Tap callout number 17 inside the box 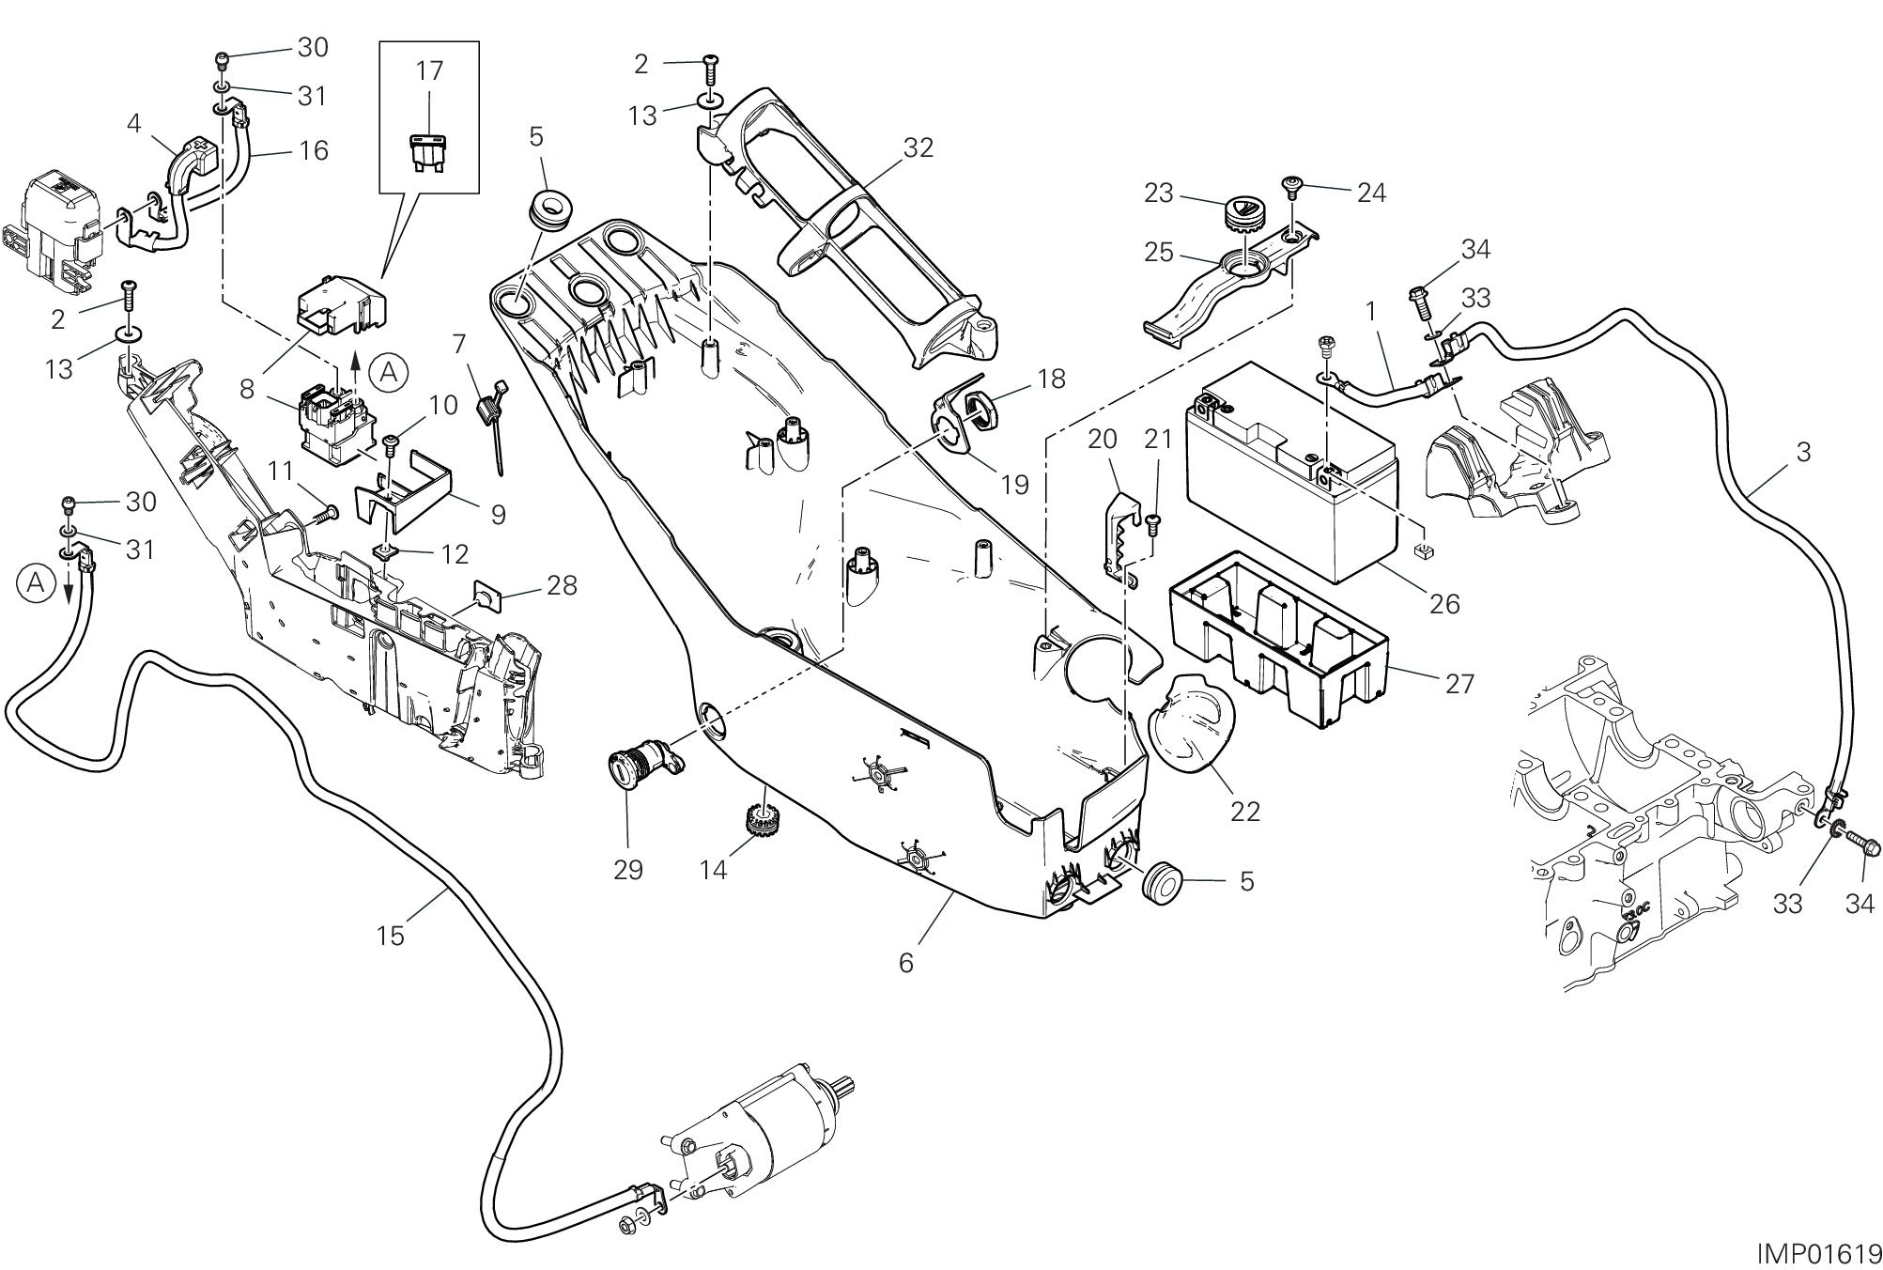[429, 70]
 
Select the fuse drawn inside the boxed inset [429, 152]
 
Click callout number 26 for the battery [1444, 603]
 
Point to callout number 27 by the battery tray [1459, 684]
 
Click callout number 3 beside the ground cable [1802, 452]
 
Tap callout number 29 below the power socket [628, 870]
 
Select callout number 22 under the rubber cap [1245, 811]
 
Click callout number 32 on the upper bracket [918, 148]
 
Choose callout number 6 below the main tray [905, 963]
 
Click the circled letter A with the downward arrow [36, 583]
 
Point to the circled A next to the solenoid [388, 374]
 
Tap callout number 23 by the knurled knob [1159, 193]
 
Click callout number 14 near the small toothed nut [714, 870]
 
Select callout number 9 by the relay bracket [498, 514]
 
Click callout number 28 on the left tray [562, 585]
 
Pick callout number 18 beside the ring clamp [1052, 379]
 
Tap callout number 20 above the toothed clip [1104, 439]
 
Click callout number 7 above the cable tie [458, 345]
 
